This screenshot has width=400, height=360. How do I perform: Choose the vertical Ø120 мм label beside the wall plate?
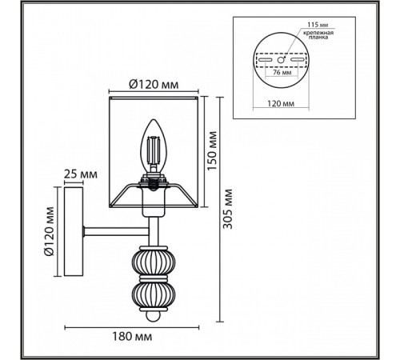[48, 228]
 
